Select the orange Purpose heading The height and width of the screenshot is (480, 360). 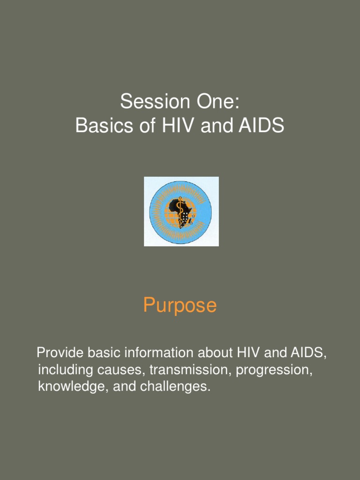[180, 306]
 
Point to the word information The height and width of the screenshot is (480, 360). [161, 352]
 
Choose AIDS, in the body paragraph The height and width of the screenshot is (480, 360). [305, 352]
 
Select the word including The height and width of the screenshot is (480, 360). [65, 370]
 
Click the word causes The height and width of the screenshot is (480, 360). [121, 370]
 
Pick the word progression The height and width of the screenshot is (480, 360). [274, 370]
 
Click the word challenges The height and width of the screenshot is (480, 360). [174, 387]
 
